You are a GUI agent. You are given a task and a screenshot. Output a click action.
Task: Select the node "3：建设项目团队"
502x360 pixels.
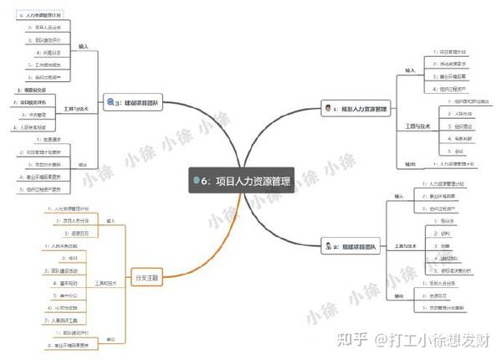[x=138, y=103]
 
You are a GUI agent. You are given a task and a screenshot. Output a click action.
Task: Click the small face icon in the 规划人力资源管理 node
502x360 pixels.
[x=326, y=109]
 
